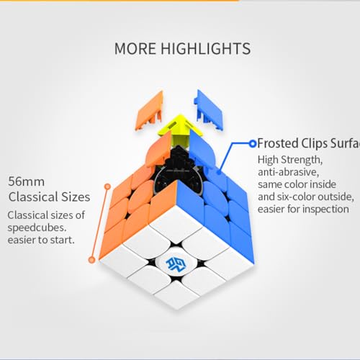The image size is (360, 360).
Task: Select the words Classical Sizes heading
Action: (x=49, y=196)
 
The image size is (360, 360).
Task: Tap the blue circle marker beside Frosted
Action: (x=252, y=143)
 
